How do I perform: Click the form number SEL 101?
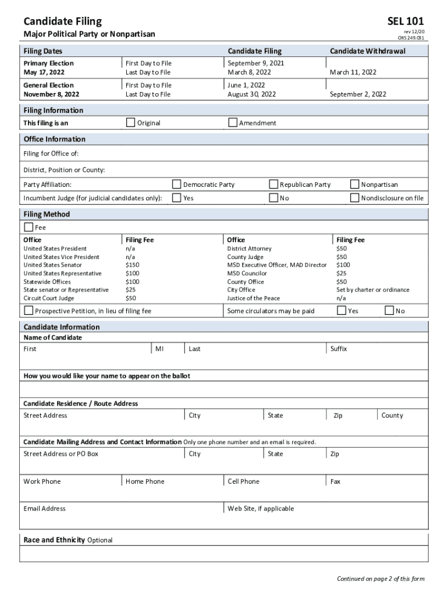pos(405,22)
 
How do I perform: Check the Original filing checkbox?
pos(131,123)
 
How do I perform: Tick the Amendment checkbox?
pos(233,123)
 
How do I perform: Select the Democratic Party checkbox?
pos(177,185)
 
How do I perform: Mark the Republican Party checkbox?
pos(273,185)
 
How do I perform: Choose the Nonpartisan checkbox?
pos(355,185)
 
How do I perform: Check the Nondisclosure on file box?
pos(355,198)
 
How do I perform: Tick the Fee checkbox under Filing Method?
pos(29,227)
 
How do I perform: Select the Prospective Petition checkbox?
pos(29,311)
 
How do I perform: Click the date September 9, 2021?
pos(256,63)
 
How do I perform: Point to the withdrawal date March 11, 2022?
pos(353,72)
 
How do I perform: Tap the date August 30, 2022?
pos(251,94)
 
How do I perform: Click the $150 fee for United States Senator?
pos(132,265)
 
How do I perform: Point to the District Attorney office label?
pos(249,249)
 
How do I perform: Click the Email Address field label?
pos(44,509)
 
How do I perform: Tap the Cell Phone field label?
pos(243,481)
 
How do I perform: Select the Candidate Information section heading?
pos(61,327)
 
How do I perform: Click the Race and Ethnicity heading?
pos(54,540)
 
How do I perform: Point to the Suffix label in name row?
pos(339,349)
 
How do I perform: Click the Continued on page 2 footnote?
pos(381,579)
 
